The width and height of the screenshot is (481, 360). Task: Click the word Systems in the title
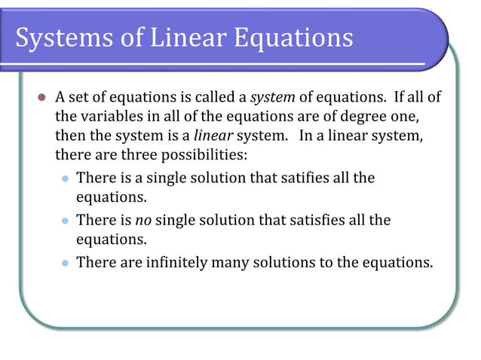tap(63, 37)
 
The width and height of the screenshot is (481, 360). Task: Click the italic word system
tap(272, 99)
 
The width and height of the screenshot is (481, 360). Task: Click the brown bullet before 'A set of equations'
tap(41, 99)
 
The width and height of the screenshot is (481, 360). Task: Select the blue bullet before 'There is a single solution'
tap(64, 179)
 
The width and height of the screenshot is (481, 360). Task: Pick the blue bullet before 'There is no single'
tap(64, 221)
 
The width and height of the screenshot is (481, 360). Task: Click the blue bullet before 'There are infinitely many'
tap(64, 264)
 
